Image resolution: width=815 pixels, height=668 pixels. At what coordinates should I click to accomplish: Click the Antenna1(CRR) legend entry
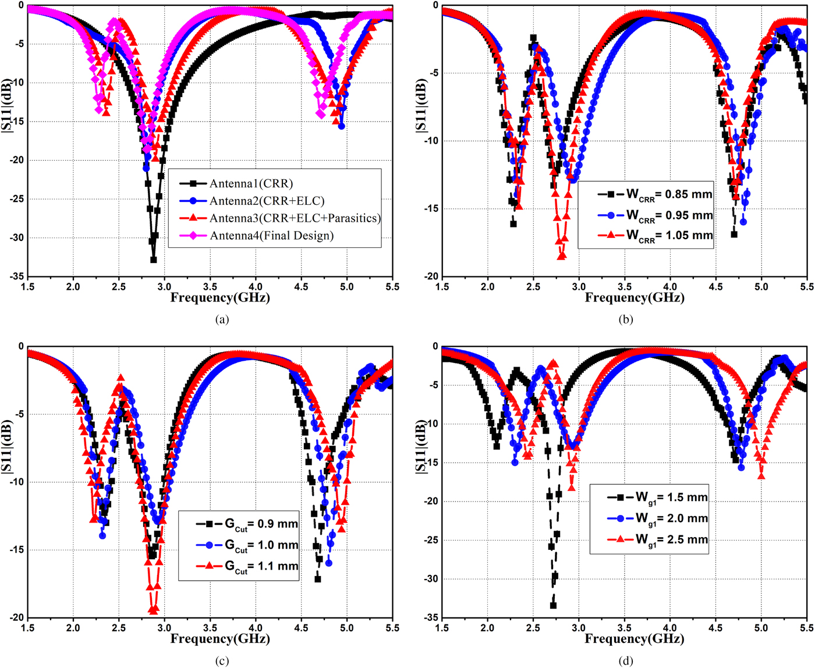[x=251, y=184]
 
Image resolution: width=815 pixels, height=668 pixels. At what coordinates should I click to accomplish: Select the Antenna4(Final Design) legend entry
[x=272, y=236]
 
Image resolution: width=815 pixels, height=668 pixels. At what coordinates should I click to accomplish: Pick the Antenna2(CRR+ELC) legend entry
[x=267, y=201]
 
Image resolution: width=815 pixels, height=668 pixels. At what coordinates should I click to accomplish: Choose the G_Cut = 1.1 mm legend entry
[x=261, y=566]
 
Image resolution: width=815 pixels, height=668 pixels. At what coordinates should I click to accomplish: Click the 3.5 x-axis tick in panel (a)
[x=210, y=287]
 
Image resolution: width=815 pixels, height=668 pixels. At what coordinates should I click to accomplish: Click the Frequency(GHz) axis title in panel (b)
[x=635, y=298]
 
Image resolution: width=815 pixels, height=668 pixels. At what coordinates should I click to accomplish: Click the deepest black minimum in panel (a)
[x=154, y=260]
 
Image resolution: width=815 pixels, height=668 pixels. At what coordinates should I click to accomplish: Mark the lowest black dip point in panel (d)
[x=553, y=605]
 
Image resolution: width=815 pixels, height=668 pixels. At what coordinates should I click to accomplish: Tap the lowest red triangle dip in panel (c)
[x=154, y=610]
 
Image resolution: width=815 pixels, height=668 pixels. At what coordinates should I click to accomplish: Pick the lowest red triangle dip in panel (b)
[x=562, y=255]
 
